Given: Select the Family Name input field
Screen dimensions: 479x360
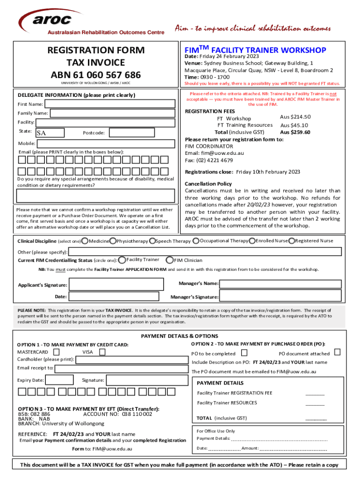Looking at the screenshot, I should [x=113, y=113].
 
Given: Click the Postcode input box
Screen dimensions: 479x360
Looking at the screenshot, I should [x=141, y=133].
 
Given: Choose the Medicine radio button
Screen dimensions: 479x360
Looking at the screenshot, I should [x=85, y=241].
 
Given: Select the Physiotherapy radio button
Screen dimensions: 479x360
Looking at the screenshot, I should [x=113, y=241].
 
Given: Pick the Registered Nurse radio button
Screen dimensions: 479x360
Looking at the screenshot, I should [x=292, y=241].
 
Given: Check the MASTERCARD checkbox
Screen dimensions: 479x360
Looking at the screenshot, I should [x=57, y=352].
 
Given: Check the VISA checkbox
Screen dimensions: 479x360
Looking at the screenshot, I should [x=102, y=352].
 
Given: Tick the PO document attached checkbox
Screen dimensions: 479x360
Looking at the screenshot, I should [x=337, y=352].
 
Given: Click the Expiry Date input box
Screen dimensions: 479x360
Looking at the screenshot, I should [x=59, y=380].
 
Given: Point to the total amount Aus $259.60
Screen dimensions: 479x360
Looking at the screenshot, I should [x=295, y=132].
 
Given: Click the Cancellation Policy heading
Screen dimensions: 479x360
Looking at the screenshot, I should [x=208, y=184].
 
